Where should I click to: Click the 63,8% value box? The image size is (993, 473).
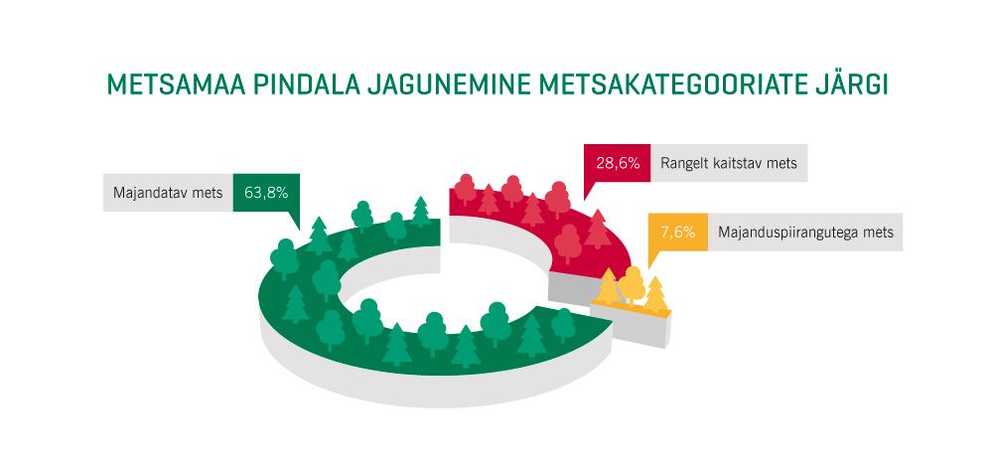265,193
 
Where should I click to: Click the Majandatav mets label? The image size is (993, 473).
167,193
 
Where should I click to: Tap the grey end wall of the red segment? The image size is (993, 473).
571,288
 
